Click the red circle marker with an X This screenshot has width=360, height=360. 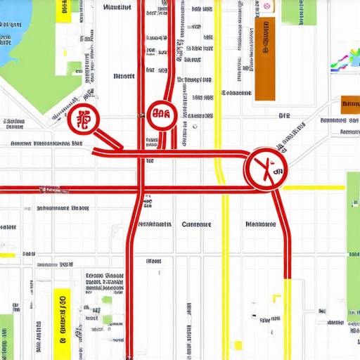(x=265, y=169)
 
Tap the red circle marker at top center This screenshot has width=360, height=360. (x=162, y=114)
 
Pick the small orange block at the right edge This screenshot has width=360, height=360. (x=349, y=105)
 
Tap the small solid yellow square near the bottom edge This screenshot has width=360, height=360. (x=238, y=345)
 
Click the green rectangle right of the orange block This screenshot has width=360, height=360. (x=299, y=12)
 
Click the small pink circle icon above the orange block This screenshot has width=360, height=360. (x=267, y=6)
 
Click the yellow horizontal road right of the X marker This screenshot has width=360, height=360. (x=314, y=188)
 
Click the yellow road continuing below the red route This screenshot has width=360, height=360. (x=288, y=316)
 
